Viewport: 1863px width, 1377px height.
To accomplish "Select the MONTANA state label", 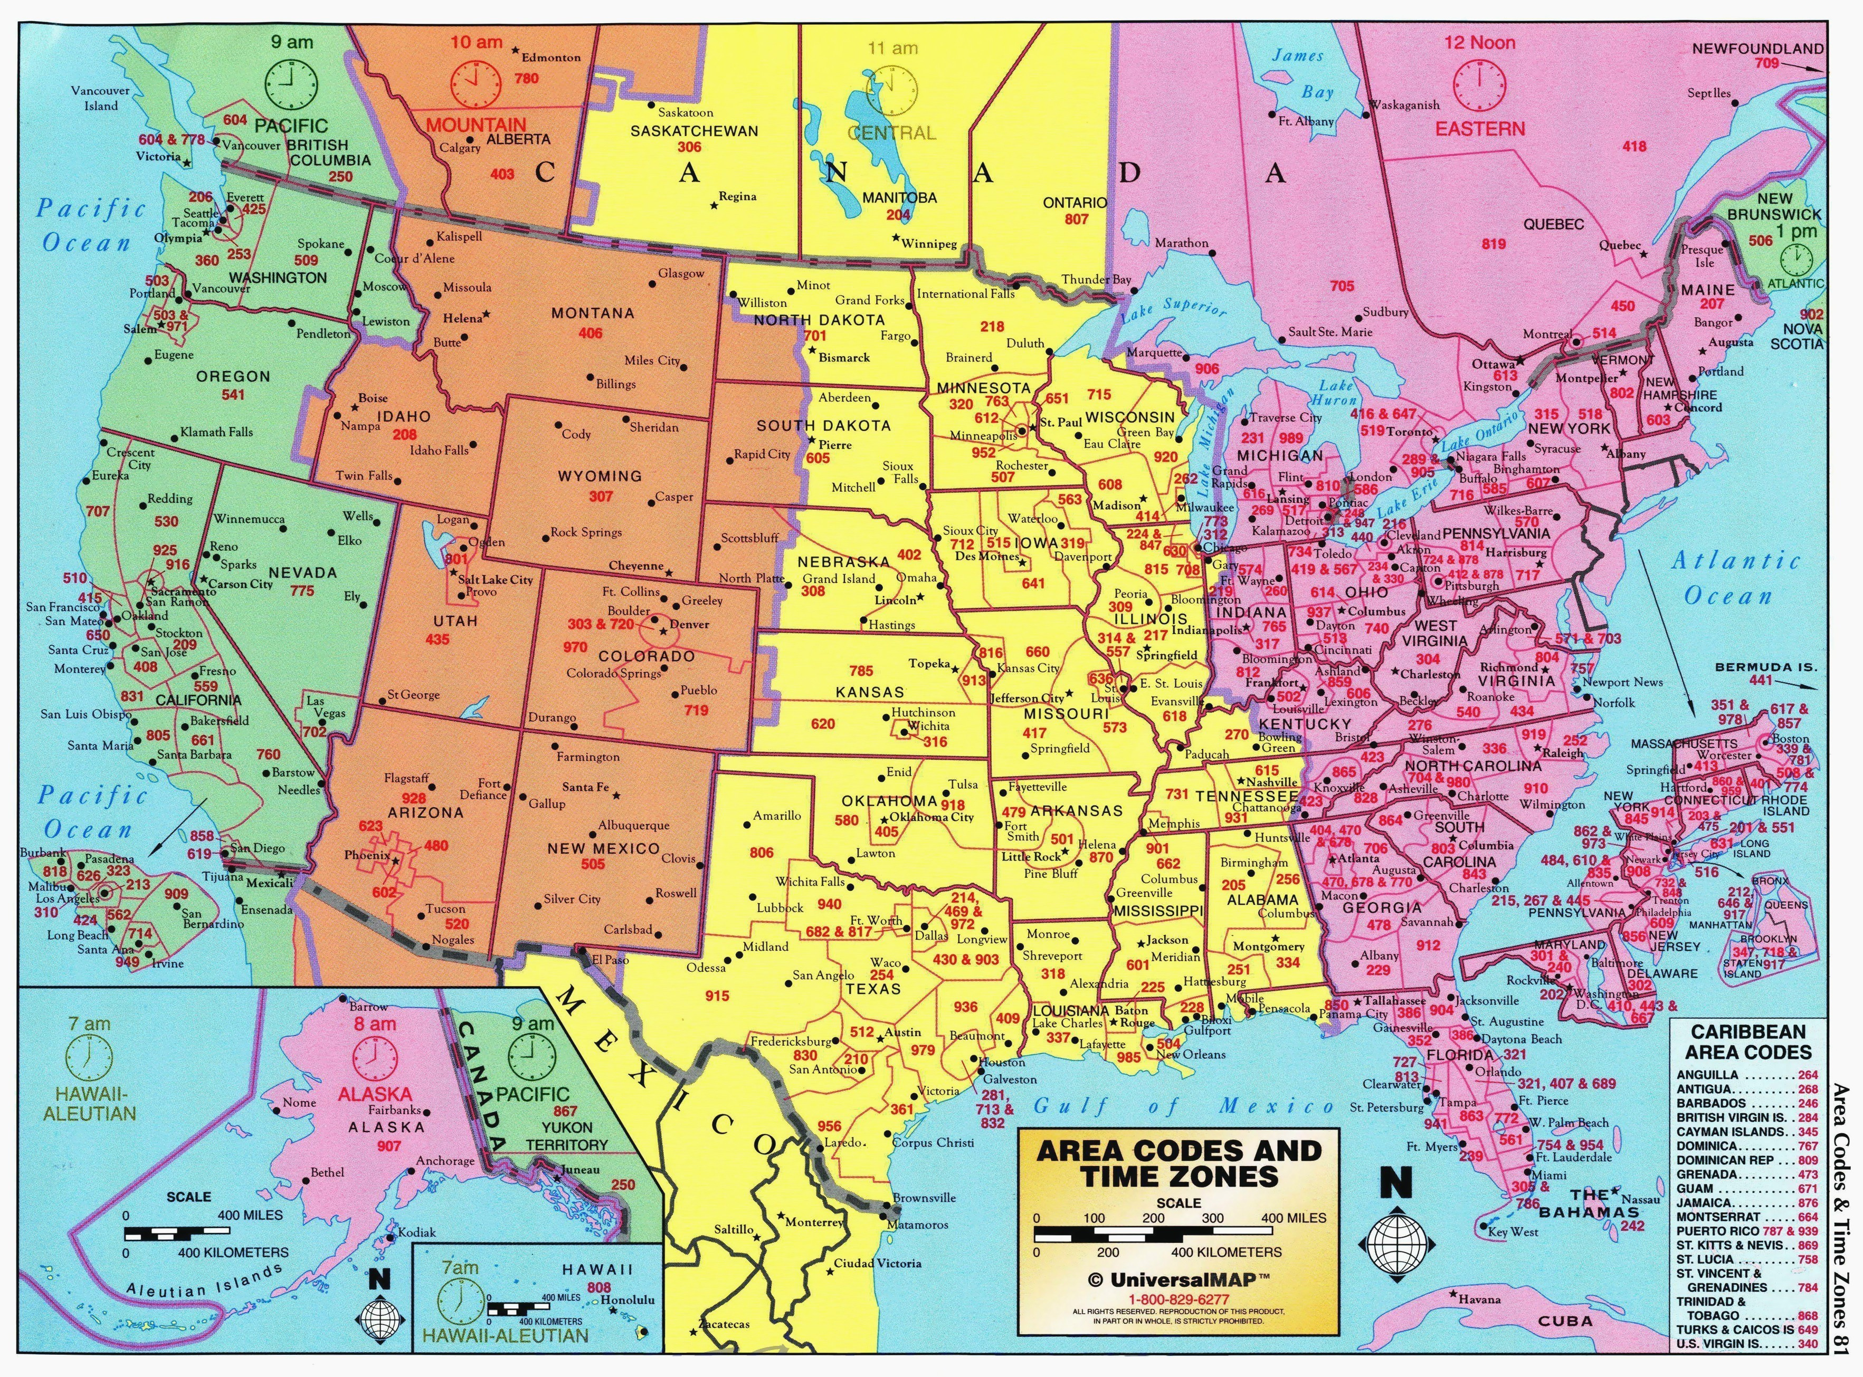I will point(592,313).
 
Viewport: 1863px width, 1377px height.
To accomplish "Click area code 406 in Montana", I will point(591,333).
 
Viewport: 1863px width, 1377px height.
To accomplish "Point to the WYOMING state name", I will point(600,476).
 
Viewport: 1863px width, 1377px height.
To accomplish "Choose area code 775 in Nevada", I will point(302,591).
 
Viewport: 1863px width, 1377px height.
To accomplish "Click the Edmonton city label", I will point(550,58).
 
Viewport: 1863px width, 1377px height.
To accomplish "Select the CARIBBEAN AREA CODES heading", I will point(1748,1043).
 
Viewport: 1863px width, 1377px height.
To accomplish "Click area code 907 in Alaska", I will point(388,1146).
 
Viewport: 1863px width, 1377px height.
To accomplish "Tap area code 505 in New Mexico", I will point(593,864).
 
